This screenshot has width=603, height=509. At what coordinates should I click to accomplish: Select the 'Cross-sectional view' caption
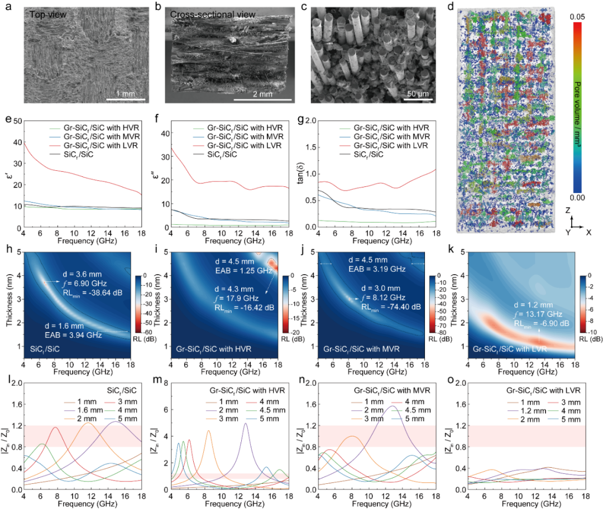click(x=205, y=14)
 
